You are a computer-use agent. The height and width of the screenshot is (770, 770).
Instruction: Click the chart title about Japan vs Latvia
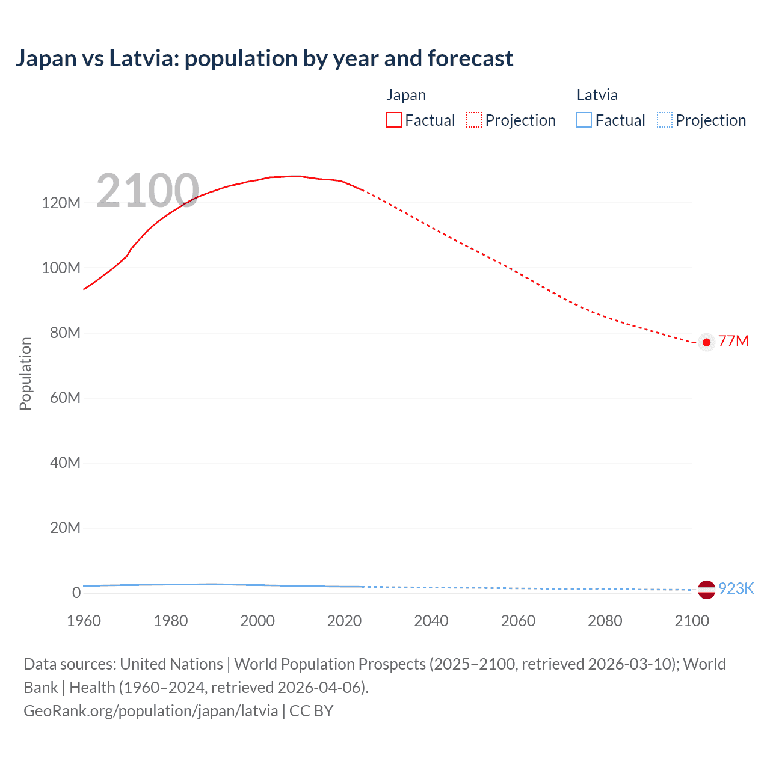264,58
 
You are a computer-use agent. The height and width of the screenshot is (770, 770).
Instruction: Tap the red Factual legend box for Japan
394,120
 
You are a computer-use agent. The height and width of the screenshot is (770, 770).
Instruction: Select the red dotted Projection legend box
474,120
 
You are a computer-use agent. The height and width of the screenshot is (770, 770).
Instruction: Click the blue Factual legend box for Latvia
584,120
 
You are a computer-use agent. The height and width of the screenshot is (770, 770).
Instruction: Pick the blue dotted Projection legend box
664,120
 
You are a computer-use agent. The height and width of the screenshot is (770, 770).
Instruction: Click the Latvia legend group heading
597,95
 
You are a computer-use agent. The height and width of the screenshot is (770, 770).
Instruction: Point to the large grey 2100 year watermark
147,191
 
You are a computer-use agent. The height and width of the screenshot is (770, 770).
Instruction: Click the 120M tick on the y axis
61,203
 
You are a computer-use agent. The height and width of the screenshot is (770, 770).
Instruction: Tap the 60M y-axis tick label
65,398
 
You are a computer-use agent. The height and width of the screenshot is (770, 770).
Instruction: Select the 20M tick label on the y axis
65,528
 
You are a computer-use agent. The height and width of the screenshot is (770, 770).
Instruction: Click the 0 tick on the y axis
76,593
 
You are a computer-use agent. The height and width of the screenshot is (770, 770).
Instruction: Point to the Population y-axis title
25,374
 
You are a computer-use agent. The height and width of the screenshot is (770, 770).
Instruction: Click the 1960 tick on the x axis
84,621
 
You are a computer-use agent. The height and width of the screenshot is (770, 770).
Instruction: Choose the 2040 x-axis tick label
431,621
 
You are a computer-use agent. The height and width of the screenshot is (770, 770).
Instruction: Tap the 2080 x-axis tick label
605,621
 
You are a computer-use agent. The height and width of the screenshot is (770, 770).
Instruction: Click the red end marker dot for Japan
706,342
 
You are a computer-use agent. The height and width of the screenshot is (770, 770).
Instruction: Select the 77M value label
733,342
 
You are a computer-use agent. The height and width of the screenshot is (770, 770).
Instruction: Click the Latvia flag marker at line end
706,589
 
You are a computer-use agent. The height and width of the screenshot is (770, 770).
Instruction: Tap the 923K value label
736,588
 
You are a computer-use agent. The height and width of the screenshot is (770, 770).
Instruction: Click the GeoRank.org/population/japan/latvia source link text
150,711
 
